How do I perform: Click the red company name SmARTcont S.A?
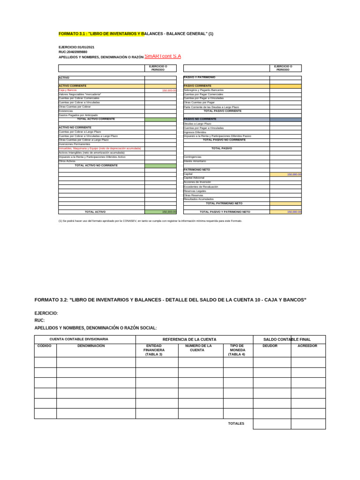point(163,56)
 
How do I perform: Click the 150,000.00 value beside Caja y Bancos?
point(169,90)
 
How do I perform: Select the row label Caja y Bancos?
point(67,90)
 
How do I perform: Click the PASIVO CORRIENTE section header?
point(197,86)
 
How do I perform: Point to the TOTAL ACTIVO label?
point(95,212)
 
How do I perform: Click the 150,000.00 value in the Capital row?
point(294,174)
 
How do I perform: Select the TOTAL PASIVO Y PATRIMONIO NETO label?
point(225,212)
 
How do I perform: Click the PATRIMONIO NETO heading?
point(197,170)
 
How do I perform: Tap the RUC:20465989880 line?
point(73,52)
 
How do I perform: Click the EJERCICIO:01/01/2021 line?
point(76,47)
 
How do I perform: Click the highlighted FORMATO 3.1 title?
point(135,34)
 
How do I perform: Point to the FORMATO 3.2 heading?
point(170,300)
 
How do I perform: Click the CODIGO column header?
point(45,346)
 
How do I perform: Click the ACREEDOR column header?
point(307,346)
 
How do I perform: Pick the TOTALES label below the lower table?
point(236,424)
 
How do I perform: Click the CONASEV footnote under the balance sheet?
point(150,221)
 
